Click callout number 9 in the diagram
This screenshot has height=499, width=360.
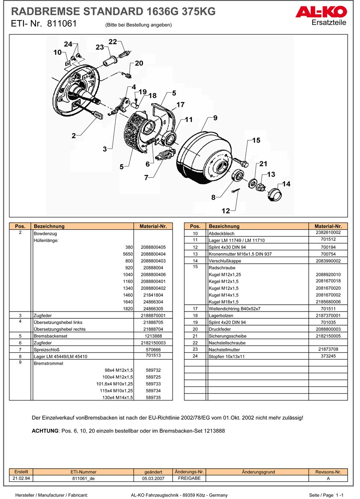[215, 118]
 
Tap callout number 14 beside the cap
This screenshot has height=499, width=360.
[286, 184]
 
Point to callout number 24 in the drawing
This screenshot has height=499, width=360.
[68, 45]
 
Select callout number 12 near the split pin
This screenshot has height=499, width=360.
[226, 211]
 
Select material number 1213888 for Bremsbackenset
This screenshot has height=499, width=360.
[153, 336]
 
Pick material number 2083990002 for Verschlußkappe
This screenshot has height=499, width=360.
[328, 261]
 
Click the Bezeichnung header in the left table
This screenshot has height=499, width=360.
[49, 226]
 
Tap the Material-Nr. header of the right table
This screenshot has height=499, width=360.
[328, 226]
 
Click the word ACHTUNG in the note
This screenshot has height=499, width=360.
[45, 431]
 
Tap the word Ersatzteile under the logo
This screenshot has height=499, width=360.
[329, 23]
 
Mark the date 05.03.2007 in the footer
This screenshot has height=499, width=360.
[153, 478]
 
